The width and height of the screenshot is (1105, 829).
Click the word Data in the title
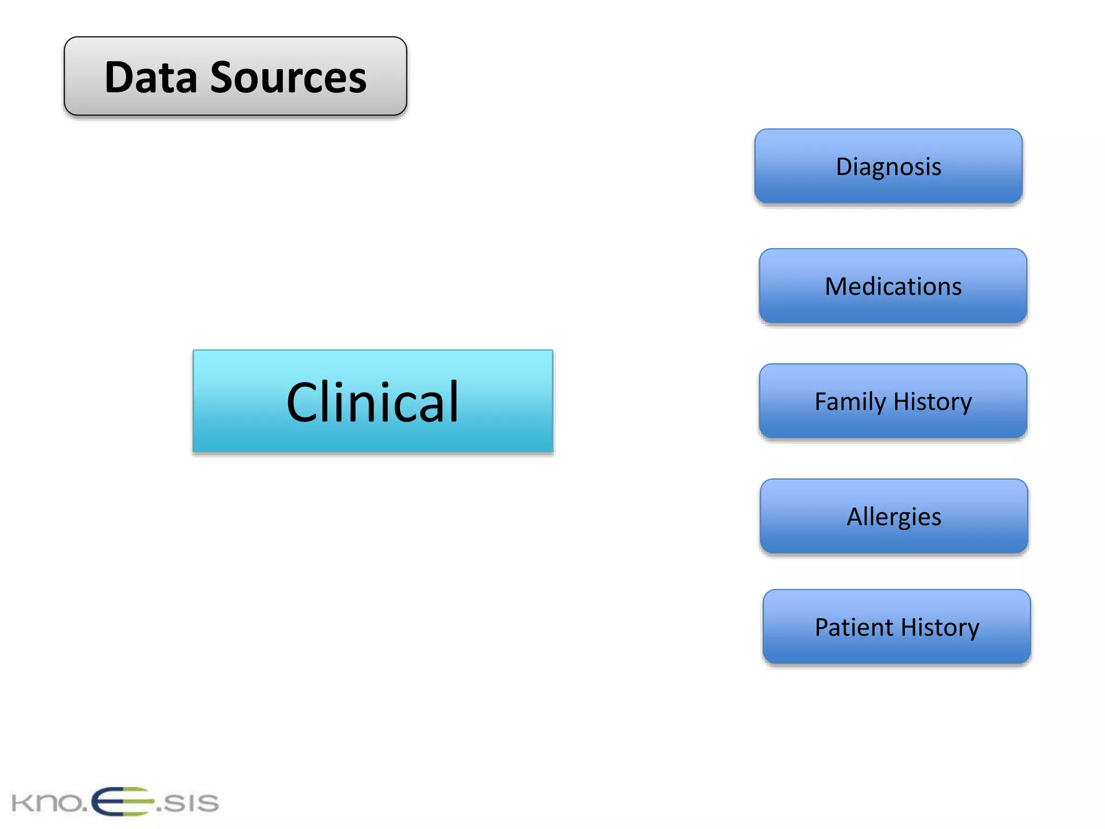point(151,78)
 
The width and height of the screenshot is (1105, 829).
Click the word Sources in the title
point(288,78)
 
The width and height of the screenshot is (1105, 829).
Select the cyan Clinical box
point(372,401)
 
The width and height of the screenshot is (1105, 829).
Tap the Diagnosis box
point(888,166)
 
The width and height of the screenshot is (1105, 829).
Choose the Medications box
point(892,286)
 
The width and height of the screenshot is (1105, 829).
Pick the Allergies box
point(893,517)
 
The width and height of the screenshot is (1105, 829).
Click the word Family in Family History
point(850,402)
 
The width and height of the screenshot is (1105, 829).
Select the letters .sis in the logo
point(188,803)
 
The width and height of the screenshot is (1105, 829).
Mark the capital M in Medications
point(836,286)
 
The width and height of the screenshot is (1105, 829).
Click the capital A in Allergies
point(856,517)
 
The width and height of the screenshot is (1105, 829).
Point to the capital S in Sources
point(222,78)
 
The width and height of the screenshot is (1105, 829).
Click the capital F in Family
point(820,402)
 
